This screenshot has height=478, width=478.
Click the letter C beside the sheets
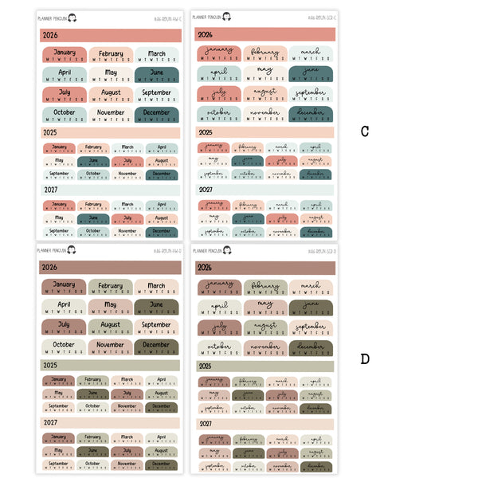click(365, 131)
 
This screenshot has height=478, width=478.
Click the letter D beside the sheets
click(365, 359)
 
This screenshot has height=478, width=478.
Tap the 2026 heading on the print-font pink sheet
click(50, 35)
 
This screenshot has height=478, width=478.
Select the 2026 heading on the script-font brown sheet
click(205, 268)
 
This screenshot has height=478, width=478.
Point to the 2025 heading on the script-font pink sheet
click(206, 132)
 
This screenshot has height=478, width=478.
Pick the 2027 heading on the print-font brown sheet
click(50, 423)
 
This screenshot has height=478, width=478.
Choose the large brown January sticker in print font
click(64, 287)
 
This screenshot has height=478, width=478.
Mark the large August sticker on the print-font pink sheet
click(111, 95)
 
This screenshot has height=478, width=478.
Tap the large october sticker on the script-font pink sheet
click(218, 115)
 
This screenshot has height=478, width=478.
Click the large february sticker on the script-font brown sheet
click(264, 287)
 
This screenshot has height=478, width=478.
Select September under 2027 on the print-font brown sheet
click(59, 464)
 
